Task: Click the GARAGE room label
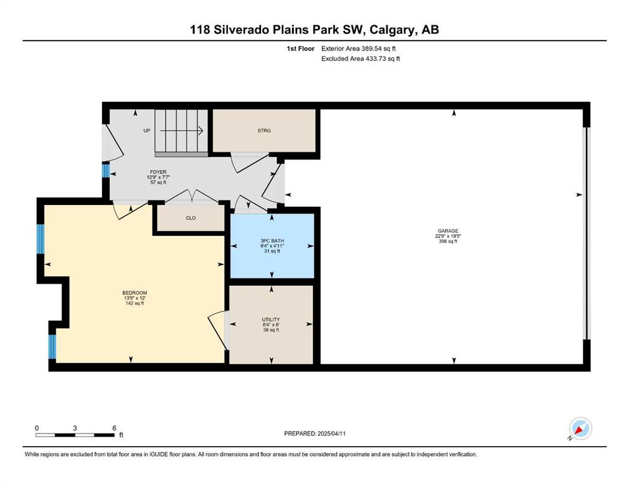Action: (x=448, y=231)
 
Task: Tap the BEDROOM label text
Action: (x=135, y=293)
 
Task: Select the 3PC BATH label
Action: (x=272, y=241)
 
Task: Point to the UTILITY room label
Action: (x=271, y=320)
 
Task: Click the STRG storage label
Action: (x=264, y=130)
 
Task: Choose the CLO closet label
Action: (x=191, y=218)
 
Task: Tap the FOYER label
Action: (x=158, y=172)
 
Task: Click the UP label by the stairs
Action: (x=147, y=130)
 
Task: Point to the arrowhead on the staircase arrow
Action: (x=200, y=130)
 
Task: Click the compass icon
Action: (x=580, y=428)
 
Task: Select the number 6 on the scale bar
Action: (x=114, y=428)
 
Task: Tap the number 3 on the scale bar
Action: (x=75, y=428)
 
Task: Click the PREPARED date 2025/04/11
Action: (x=331, y=433)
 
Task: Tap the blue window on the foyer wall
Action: (x=106, y=171)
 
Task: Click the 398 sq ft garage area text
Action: (x=448, y=241)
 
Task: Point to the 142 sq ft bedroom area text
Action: (x=135, y=303)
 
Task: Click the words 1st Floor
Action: (x=300, y=49)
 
